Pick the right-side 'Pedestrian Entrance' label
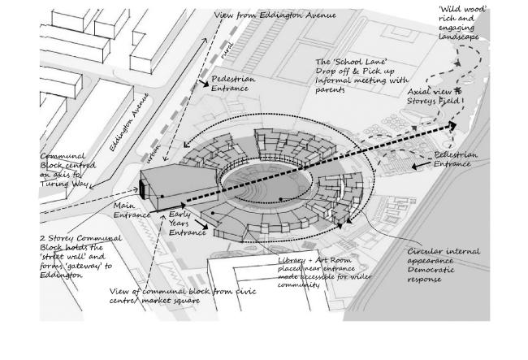456,159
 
